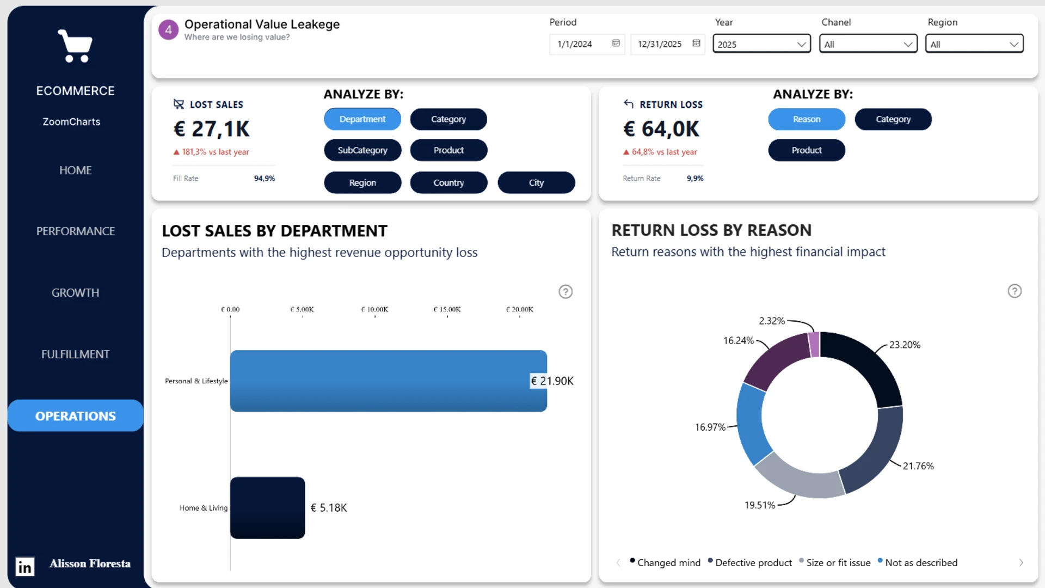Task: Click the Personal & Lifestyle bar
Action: click(388, 381)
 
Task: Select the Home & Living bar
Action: click(267, 507)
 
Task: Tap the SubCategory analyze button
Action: click(362, 150)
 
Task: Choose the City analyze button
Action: click(536, 182)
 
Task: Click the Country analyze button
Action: click(448, 182)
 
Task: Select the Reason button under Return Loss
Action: click(807, 119)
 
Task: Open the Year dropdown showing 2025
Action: click(761, 44)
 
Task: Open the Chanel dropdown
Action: click(868, 44)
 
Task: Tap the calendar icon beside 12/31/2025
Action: click(696, 44)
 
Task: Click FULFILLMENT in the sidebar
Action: click(76, 354)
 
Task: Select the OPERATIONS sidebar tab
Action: click(76, 416)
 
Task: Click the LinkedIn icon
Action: click(24, 567)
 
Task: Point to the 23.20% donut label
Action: click(905, 345)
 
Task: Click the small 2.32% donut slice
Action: click(814, 345)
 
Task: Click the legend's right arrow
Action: click(1021, 563)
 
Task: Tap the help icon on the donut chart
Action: click(1015, 291)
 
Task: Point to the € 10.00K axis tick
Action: click(374, 310)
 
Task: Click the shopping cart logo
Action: click(75, 46)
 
